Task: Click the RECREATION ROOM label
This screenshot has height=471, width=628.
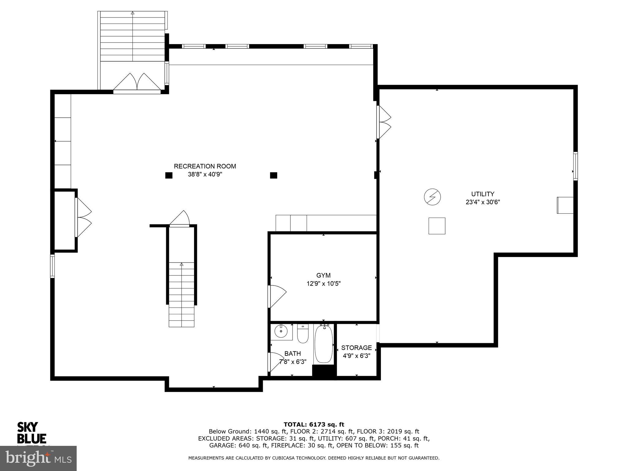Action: [x=205, y=166]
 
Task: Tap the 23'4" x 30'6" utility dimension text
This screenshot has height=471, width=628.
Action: [x=483, y=202]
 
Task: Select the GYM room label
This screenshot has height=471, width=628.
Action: [x=324, y=275]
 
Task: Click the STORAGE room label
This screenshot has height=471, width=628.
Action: [x=356, y=348]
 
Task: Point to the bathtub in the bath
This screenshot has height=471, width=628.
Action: [x=324, y=344]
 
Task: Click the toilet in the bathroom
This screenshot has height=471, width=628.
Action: [x=303, y=334]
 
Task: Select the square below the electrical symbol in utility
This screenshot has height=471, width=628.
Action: [x=437, y=226]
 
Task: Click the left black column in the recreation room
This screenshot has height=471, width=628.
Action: [x=169, y=175]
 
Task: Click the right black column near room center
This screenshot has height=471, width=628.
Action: [x=274, y=175]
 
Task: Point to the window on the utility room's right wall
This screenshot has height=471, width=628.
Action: [x=576, y=166]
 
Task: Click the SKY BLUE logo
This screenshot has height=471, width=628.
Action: [x=32, y=433]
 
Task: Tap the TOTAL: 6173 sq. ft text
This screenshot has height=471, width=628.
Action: [x=314, y=424]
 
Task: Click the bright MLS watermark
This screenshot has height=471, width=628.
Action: [x=38, y=458]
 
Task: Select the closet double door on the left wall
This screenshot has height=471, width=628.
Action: [x=83, y=217]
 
